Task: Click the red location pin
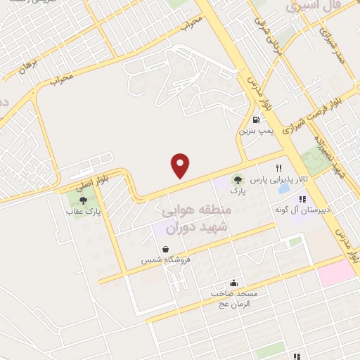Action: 181,165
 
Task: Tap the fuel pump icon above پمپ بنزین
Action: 255,120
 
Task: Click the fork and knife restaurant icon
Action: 279,168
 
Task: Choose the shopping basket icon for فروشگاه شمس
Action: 165,249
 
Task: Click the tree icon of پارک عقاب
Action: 84,200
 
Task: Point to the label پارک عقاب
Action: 84,211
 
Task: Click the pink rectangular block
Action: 337,273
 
